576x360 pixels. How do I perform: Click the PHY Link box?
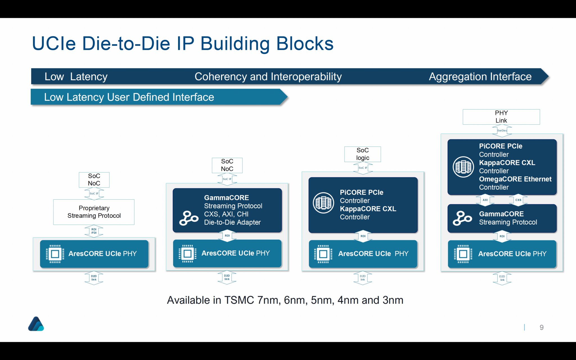click(x=501, y=117)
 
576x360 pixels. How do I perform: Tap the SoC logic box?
click(x=363, y=154)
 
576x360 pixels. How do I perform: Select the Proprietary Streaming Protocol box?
click(x=94, y=212)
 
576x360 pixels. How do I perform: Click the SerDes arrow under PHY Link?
click(x=502, y=130)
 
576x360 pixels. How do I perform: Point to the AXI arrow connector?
click(x=485, y=200)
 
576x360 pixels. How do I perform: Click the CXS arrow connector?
click(x=518, y=200)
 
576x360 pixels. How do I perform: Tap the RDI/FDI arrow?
click(x=94, y=231)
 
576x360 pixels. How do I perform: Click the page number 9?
click(x=541, y=327)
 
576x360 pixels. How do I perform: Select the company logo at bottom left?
click(x=36, y=324)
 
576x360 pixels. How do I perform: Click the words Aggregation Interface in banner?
click(x=480, y=76)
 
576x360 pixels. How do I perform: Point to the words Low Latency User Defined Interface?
click(x=129, y=97)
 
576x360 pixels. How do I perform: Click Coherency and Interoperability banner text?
click(x=268, y=76)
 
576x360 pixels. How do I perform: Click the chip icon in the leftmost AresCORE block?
click(x=55, y=254)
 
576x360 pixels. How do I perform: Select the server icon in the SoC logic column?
click(x=323, y=203)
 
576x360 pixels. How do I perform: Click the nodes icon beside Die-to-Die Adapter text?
click(x=188, y=218)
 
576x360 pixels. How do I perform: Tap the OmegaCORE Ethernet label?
click(x=515, y=179)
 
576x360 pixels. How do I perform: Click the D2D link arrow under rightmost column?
click(x=502, y=278)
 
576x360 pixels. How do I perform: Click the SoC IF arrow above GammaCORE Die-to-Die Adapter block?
click(x=227, y=179)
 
